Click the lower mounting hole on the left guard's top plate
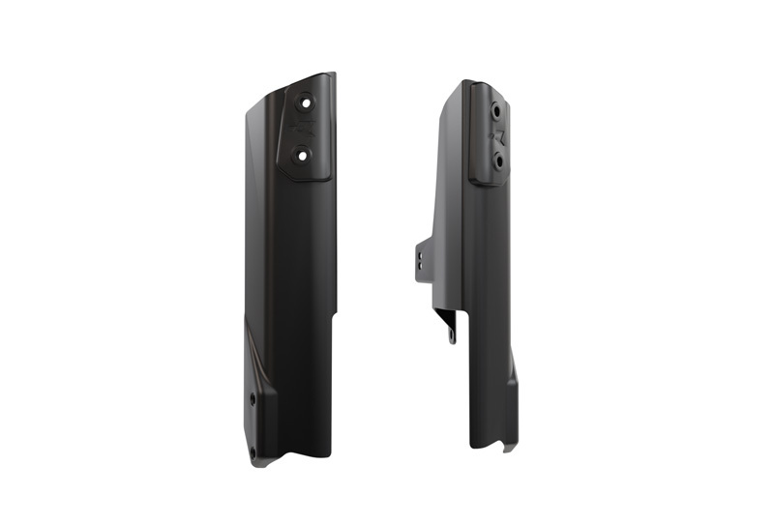[302, 153]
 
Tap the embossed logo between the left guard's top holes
[304, 126]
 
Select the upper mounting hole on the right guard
[497, 110]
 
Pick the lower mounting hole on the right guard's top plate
[498, 160]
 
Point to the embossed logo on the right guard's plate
[499, 135]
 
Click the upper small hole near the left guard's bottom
[253, 397]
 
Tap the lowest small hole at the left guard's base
[253, 452]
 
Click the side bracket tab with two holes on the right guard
[422, 259]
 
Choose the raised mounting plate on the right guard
[489, 135]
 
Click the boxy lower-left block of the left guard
[261, 425]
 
